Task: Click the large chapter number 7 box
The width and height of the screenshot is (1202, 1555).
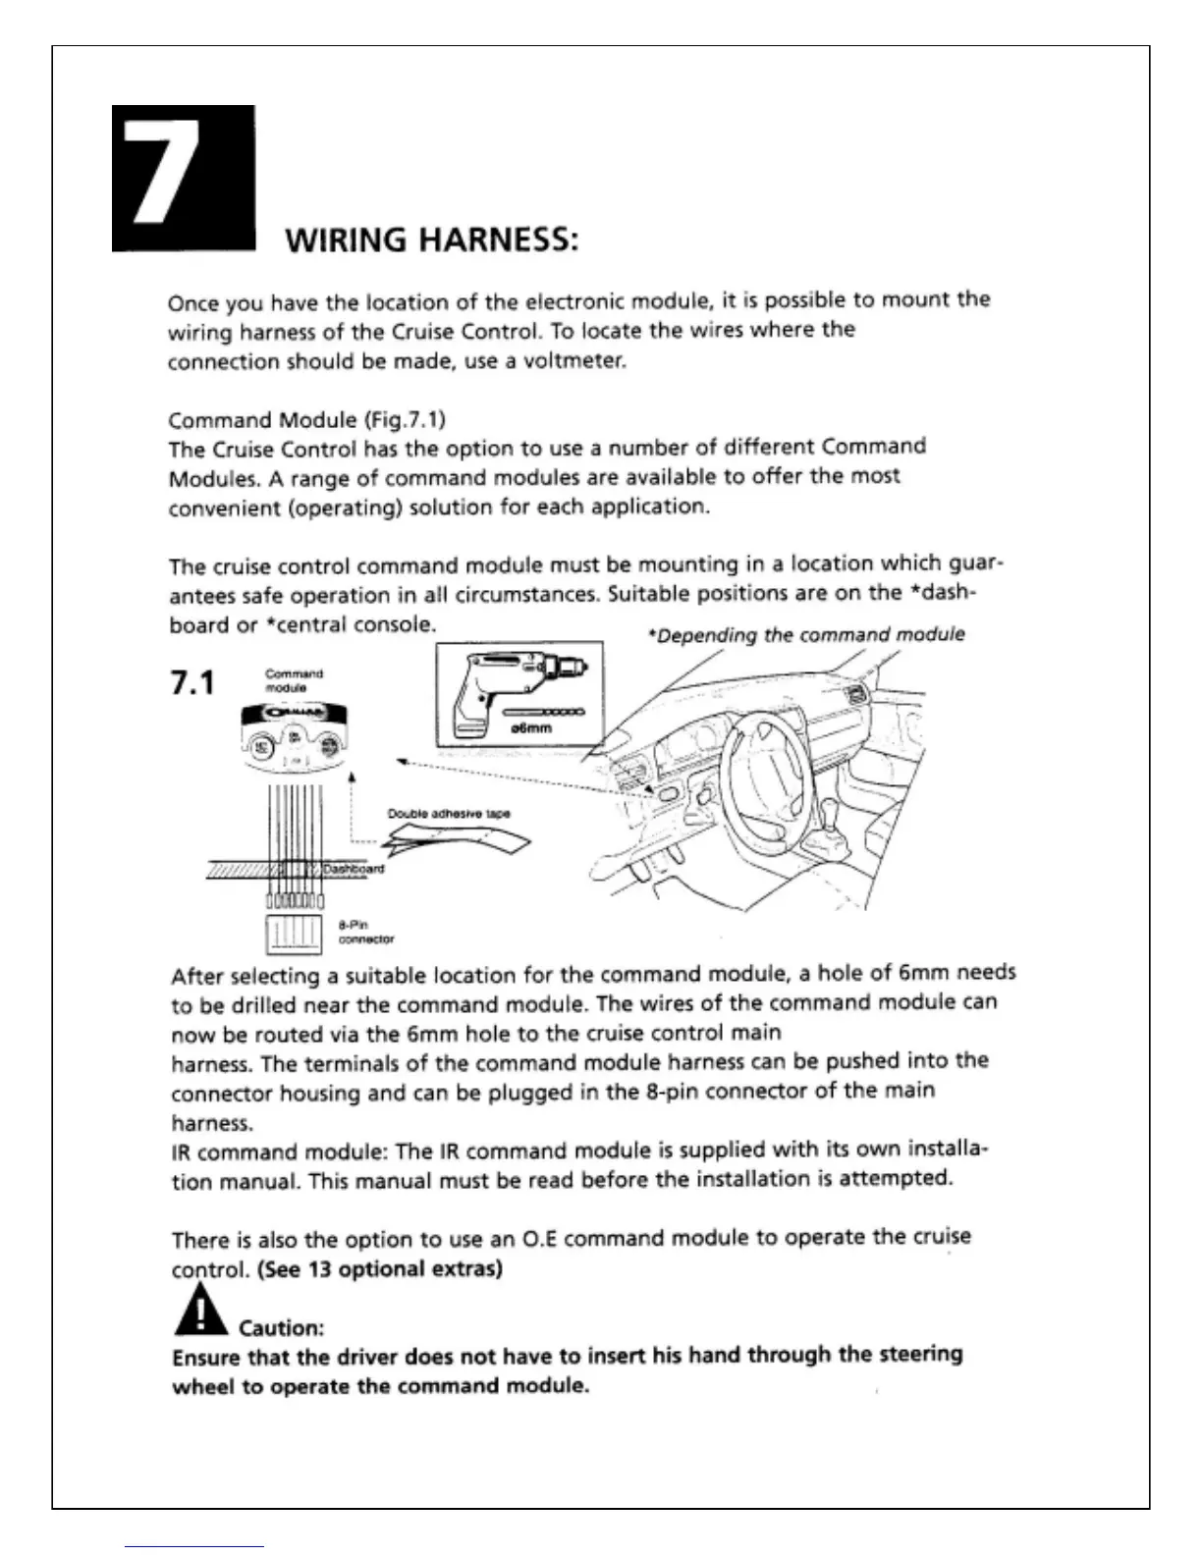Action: (184, 178)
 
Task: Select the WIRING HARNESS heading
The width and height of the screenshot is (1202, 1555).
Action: (430, 241)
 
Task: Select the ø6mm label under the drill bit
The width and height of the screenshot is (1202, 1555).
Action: (531, 727)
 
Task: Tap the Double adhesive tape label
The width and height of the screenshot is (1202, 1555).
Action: (448, 813)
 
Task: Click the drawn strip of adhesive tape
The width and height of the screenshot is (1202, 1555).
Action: (457, 840)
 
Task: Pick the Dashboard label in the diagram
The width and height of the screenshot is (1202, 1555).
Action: (354, 869)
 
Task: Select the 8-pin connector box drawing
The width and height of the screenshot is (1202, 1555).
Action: (294, 934)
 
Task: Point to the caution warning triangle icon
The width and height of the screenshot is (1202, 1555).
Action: (199, 1313)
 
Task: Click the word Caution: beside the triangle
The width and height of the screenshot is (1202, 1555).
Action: (282, 1328)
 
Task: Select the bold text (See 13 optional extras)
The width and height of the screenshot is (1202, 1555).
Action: (380, 1269)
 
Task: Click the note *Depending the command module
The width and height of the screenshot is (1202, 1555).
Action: (806, 635)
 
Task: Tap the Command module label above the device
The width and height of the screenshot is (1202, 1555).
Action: (294, 680)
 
